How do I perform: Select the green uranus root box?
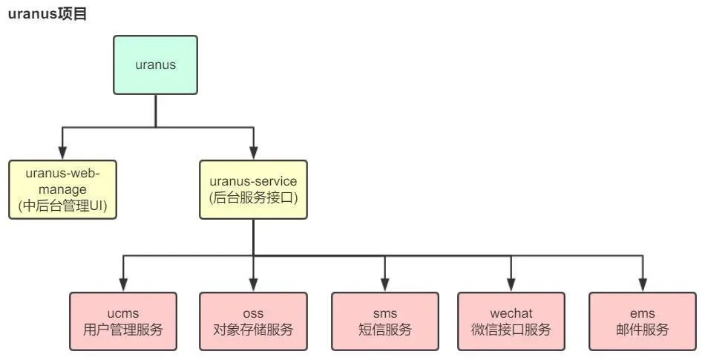tap(155, 65)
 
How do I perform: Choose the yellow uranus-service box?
tap(253, 189)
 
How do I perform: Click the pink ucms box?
tap(123, 321)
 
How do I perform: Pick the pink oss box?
tap(253, 321)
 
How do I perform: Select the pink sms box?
tap(384, 321)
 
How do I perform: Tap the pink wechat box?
tap(511, 321)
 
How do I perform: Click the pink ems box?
tap(642, 321)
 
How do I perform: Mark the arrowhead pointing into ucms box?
tap(123, 285)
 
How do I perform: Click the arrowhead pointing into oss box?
tap(253, 285)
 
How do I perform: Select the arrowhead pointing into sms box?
tap(384, 285)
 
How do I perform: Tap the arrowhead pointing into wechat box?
tap(511, 285)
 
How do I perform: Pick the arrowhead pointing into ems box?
tap(642, 285)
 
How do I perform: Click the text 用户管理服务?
tap(123, 330)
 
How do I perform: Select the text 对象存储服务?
tap(253, 330)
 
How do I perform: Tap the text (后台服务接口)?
tap(253, 197)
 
